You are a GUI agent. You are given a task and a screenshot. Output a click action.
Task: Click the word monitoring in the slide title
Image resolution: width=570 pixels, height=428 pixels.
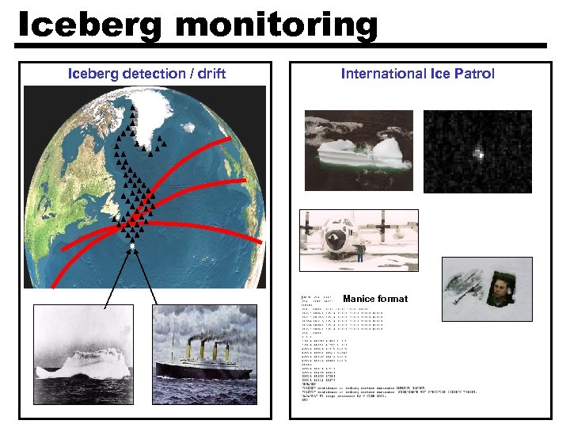tap(277, 25)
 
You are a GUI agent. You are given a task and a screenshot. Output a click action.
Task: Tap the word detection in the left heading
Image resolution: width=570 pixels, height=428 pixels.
tap(150, 74)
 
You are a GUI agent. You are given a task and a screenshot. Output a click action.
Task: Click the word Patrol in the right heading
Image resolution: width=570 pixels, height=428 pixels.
tap(473, 74)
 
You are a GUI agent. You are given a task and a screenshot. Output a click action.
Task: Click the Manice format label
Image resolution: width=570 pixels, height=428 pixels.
tap(375, 299)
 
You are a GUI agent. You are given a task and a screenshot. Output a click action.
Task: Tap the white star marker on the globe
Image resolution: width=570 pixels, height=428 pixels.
tap(132, 249)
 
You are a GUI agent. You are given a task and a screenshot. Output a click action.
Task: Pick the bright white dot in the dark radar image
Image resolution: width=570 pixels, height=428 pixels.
tap(478, 154)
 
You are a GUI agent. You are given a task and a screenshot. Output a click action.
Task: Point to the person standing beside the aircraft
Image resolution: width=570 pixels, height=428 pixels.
tap(360, 253)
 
